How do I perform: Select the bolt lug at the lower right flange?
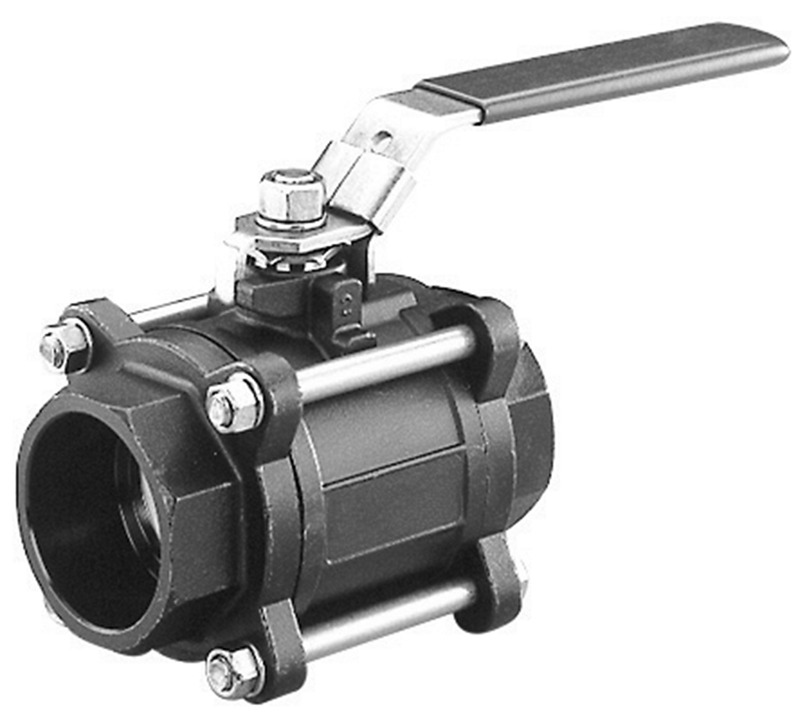pos(493,581)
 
